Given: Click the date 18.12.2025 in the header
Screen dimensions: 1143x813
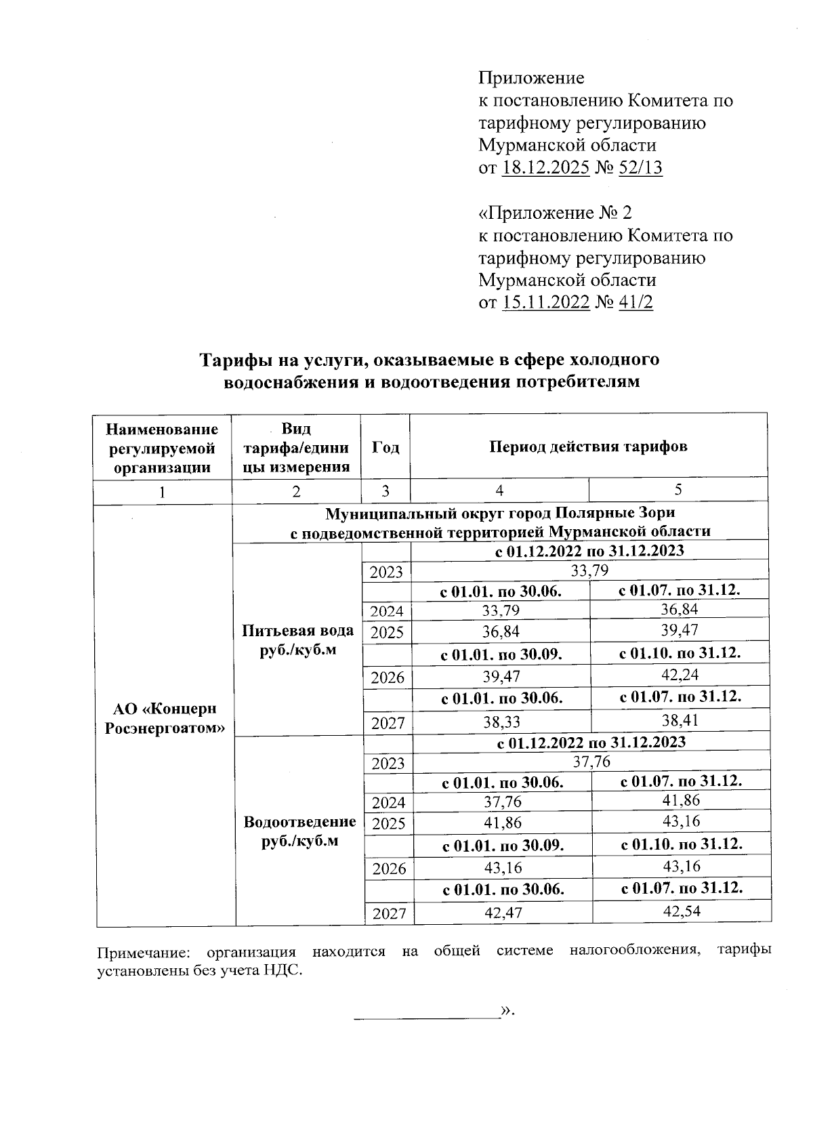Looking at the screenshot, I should [545, 168].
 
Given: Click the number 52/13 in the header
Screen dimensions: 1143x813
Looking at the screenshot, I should [640, 168].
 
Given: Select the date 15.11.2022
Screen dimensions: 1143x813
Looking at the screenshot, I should [545, 302].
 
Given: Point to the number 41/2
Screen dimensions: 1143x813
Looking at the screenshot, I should [635, 302].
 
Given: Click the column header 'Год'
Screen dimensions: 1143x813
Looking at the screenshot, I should [385, 447].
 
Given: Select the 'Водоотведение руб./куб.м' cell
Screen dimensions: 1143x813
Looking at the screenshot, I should [299, 831].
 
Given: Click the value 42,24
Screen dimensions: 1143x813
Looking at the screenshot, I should [680, 675].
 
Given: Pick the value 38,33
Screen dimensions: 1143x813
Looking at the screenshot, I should [501, 722].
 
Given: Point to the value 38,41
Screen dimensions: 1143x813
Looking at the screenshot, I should [680, 720].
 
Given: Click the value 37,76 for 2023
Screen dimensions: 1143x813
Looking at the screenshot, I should [591, 762].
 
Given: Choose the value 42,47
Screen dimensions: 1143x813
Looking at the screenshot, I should [503, 913].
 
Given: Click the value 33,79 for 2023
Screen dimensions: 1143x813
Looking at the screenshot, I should [589, 570].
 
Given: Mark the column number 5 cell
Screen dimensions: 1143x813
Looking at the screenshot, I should [678, 490].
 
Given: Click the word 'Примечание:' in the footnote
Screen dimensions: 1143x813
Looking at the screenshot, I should [143, 952].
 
